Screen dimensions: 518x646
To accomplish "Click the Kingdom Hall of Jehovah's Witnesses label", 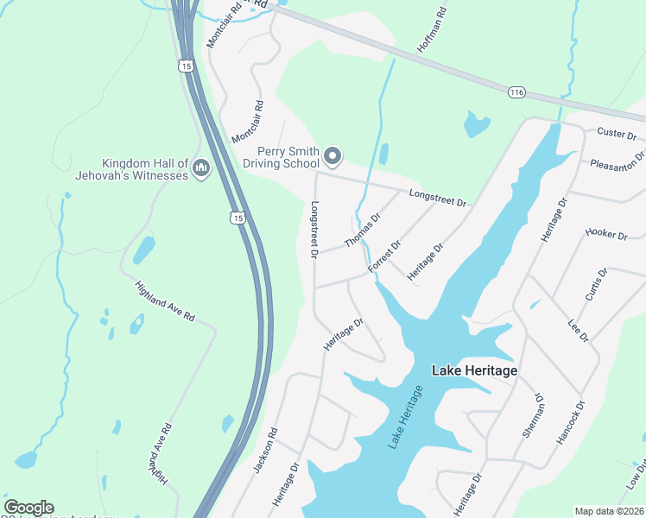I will coord(144,169).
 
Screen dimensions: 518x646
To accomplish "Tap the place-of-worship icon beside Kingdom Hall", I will coord(201,167).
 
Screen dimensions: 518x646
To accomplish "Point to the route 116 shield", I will coord(517,92).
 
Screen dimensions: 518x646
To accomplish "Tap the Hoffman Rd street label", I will coord(433,31).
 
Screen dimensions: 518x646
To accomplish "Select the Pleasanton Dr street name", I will coord(617,163).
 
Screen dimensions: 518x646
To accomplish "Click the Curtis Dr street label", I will coord(596,284).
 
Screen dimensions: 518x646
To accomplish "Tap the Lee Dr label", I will coord(578,330).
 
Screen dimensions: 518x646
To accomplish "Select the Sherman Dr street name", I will coord(533,417).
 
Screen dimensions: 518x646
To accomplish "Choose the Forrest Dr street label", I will coord(384,257).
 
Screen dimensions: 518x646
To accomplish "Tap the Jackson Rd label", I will coord(265,449).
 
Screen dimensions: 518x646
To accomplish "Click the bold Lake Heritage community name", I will coord(474,370).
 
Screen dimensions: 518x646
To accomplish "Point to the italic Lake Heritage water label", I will coord(406,418).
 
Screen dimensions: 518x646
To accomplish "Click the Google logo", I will coord(28,508).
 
